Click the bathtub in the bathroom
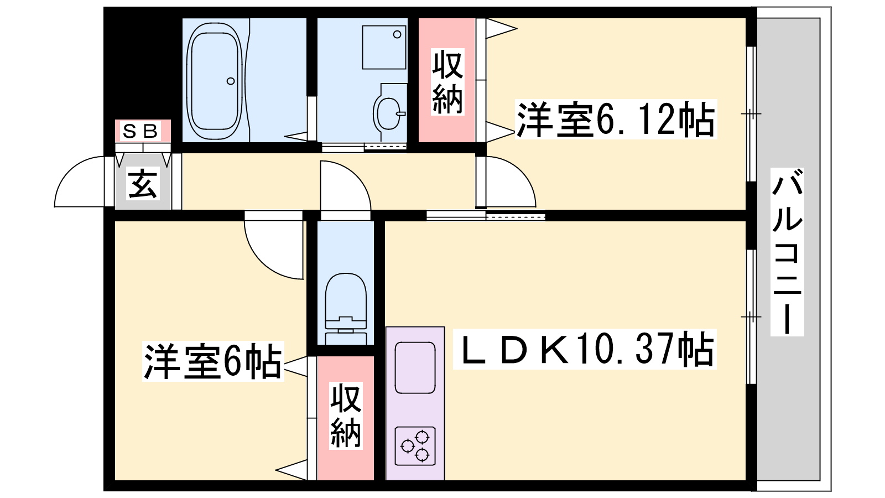[215, 81]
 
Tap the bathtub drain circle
[231, 81]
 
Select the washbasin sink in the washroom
[389, 113]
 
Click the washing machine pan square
[384, 48]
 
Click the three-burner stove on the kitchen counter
[415, 446]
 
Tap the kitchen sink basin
[415, 367]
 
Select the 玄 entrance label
[143, 183]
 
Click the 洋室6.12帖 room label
[616, 119]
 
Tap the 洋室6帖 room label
[213, 361]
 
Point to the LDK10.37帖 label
[585, 349]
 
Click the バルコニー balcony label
[787, 252]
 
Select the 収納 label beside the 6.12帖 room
[447, 82]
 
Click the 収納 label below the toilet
[346, 416]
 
